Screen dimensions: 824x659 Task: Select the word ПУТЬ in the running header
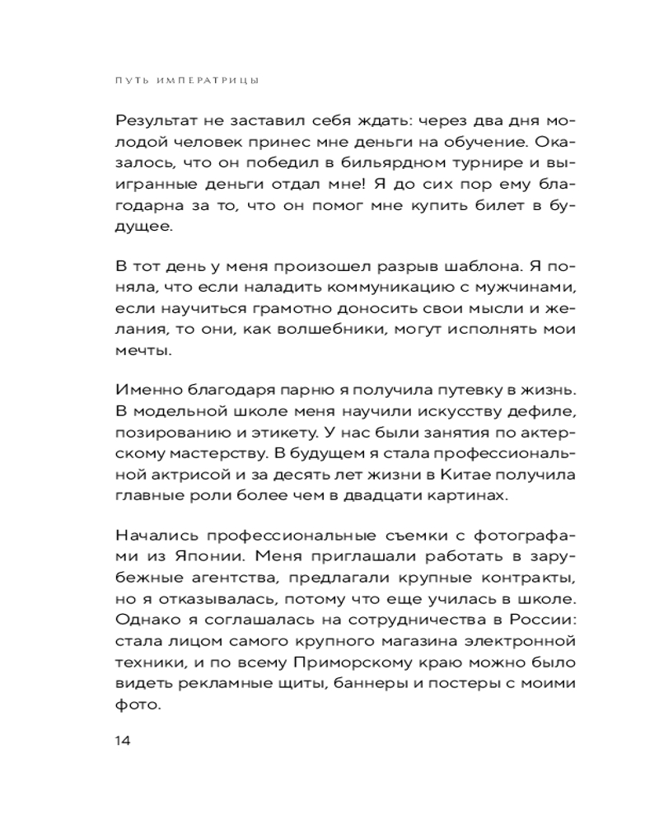pyautogui.click(x=131, y=81)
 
